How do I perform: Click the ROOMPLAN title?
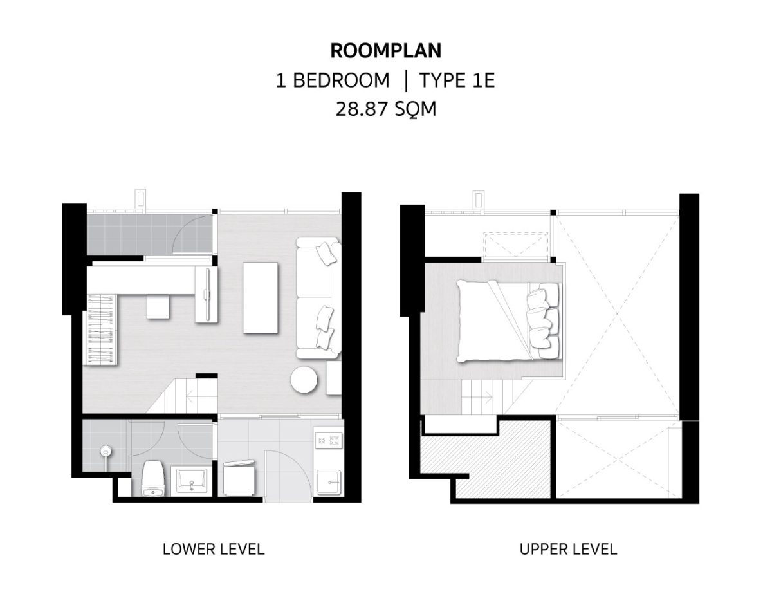386,51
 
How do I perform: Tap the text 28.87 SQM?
386,109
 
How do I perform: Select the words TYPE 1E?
457,80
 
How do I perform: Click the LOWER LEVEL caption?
214,549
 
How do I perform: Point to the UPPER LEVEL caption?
569,549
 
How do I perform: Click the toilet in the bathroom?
152,479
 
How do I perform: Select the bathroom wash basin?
192,481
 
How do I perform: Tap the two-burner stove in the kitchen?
329,441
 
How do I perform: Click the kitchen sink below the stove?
329,482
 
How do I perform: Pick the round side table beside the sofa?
304,380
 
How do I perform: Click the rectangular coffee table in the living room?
261,298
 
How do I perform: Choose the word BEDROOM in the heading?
341,80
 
